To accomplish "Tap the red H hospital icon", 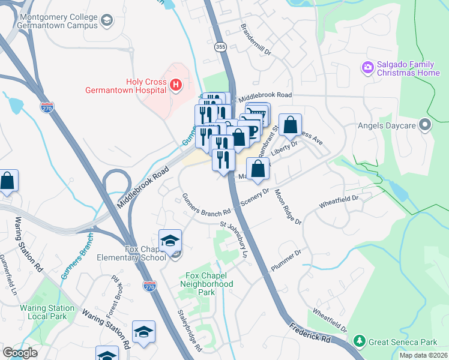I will (x=175, y=86).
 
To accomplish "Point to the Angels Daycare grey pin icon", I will (x=426, y=125).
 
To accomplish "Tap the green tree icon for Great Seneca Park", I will (x=360, y=341).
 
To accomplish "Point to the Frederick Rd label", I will (x=310, y=335).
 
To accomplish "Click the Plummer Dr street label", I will (x=285, y=262).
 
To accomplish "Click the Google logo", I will (x=20, y=353).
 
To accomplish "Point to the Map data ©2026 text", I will (x=423, y=355).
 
